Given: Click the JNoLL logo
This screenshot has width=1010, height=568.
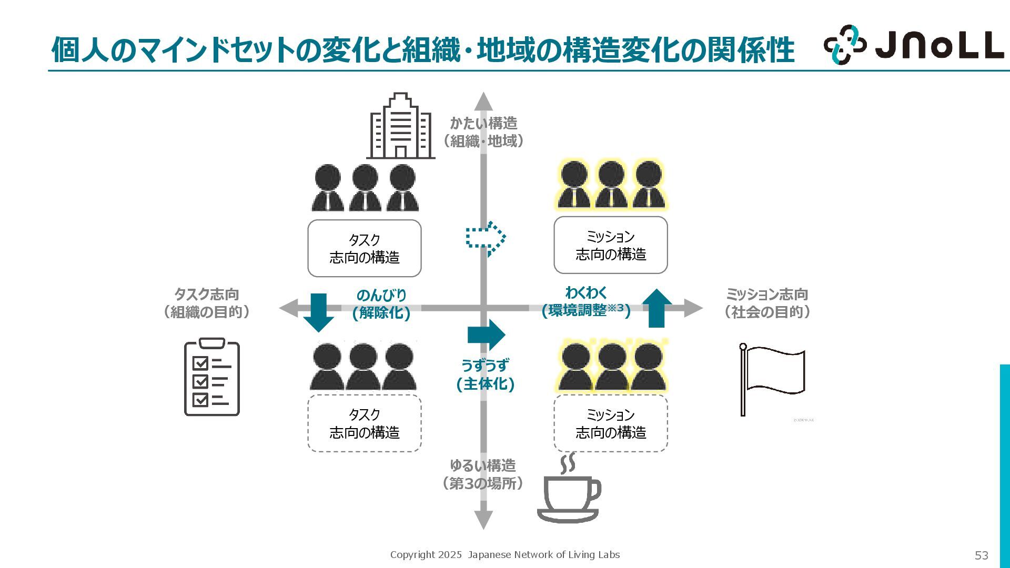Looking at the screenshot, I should pyautogui.click(x=913, y=45).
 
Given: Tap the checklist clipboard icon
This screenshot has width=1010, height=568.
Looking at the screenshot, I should pyautogui.click(x=211, y=377).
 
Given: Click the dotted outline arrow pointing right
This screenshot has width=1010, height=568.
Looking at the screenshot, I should pyautogui.click(x=486, y=238).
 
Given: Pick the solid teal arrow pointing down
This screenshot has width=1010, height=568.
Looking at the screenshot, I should pyautogui.click(x=318, y=312).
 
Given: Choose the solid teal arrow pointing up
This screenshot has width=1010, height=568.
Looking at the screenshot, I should pyautogui.click(x=656, y=308).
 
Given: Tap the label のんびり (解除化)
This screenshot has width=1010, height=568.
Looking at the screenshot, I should pyautogui.click(x=381, y=304).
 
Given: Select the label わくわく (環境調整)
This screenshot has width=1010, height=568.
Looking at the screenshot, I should pyautogui.click(x=586, y=302).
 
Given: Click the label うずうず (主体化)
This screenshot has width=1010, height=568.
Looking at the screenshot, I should pyautogui.click(x=485, y=374).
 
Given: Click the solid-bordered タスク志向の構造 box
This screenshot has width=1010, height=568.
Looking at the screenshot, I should pyautogui.click(x=364, y=248).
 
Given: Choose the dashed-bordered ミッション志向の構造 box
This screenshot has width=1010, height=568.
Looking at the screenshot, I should pyautogui.click(x=610, y=423).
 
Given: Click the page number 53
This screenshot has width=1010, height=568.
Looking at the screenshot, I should pyautogui.click(x=981, y=555).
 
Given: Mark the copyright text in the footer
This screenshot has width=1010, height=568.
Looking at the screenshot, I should pyautogui.click(x=504, y=554).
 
